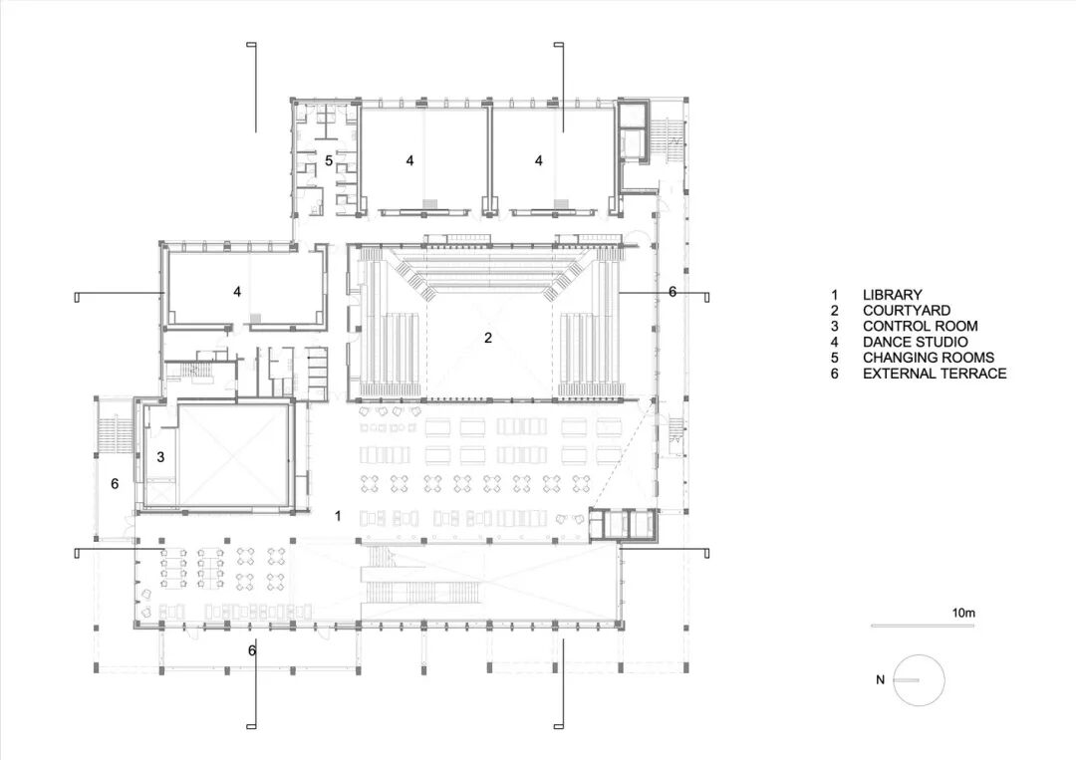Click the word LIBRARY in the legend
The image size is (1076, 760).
click(x=892, y=295)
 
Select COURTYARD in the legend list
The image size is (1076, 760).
click(x=907, y=311)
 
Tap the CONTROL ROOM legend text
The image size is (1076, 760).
click(x=921, y=327)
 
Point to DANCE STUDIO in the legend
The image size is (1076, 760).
click(x=916, y=343)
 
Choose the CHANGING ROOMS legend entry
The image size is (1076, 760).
click(x=929, y=358)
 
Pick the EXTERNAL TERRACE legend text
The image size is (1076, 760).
click(x=935, y=374)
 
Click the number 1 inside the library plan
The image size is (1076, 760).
click(x=338, y=516)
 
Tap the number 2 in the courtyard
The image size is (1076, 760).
click(x=488, y=338)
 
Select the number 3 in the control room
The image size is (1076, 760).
click(x=160, y=457)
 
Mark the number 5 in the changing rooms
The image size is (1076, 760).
click(x=329, y=160)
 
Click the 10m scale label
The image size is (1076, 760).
click(x=963, y=614)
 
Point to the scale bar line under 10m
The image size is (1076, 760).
click(x=923, y=626)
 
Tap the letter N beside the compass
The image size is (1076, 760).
click(x=881, y=680)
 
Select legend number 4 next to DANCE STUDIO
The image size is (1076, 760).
click(x=835, y=343)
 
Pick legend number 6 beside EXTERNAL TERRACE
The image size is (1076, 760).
click(x=835, y=374)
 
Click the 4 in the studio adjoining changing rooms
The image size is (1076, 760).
click(x=409, y=160)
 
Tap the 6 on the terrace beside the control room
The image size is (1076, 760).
click(x=115, y=484)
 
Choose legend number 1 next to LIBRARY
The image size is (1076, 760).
click(x=835, y=295)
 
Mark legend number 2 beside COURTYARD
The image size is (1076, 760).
click(x=835, y=311)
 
